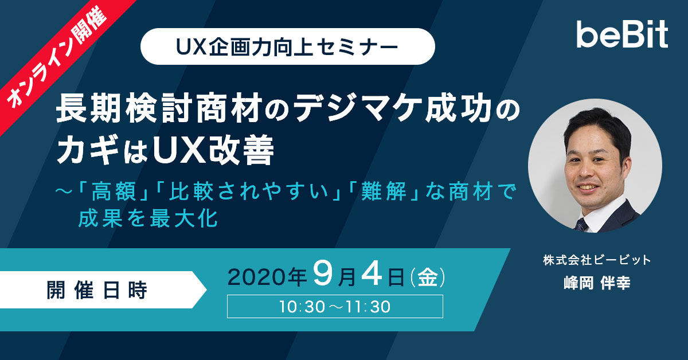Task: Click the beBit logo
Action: [x=622, y=34]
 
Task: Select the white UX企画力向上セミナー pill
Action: [x=287, y=46]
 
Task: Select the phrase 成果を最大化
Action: [x=148, y=218]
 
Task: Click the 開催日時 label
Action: [x=97, y=290]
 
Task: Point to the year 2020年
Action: [x=267, y=277]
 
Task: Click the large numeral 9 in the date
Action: [x=323, y=273]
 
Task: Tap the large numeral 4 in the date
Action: [x=372, y=273]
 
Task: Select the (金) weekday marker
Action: [x=427, y=277]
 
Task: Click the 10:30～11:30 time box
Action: [x=335, y=306]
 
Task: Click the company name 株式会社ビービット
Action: [x=597, y=260]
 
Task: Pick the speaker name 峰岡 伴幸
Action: [x=597, y=283]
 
